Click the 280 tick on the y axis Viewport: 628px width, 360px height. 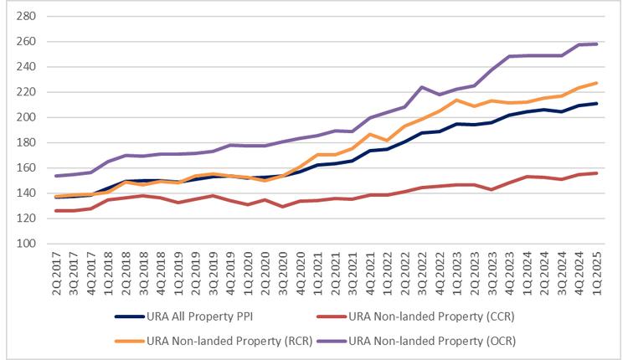click(x=24, y=16)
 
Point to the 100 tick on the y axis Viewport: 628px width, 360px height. click(x=24, y=244)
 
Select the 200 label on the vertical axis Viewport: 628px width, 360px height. click(x=24, y=117)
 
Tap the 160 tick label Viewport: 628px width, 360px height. click(x=24, y=167)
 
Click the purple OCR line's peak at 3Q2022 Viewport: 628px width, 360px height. click(x=422, y=86)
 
